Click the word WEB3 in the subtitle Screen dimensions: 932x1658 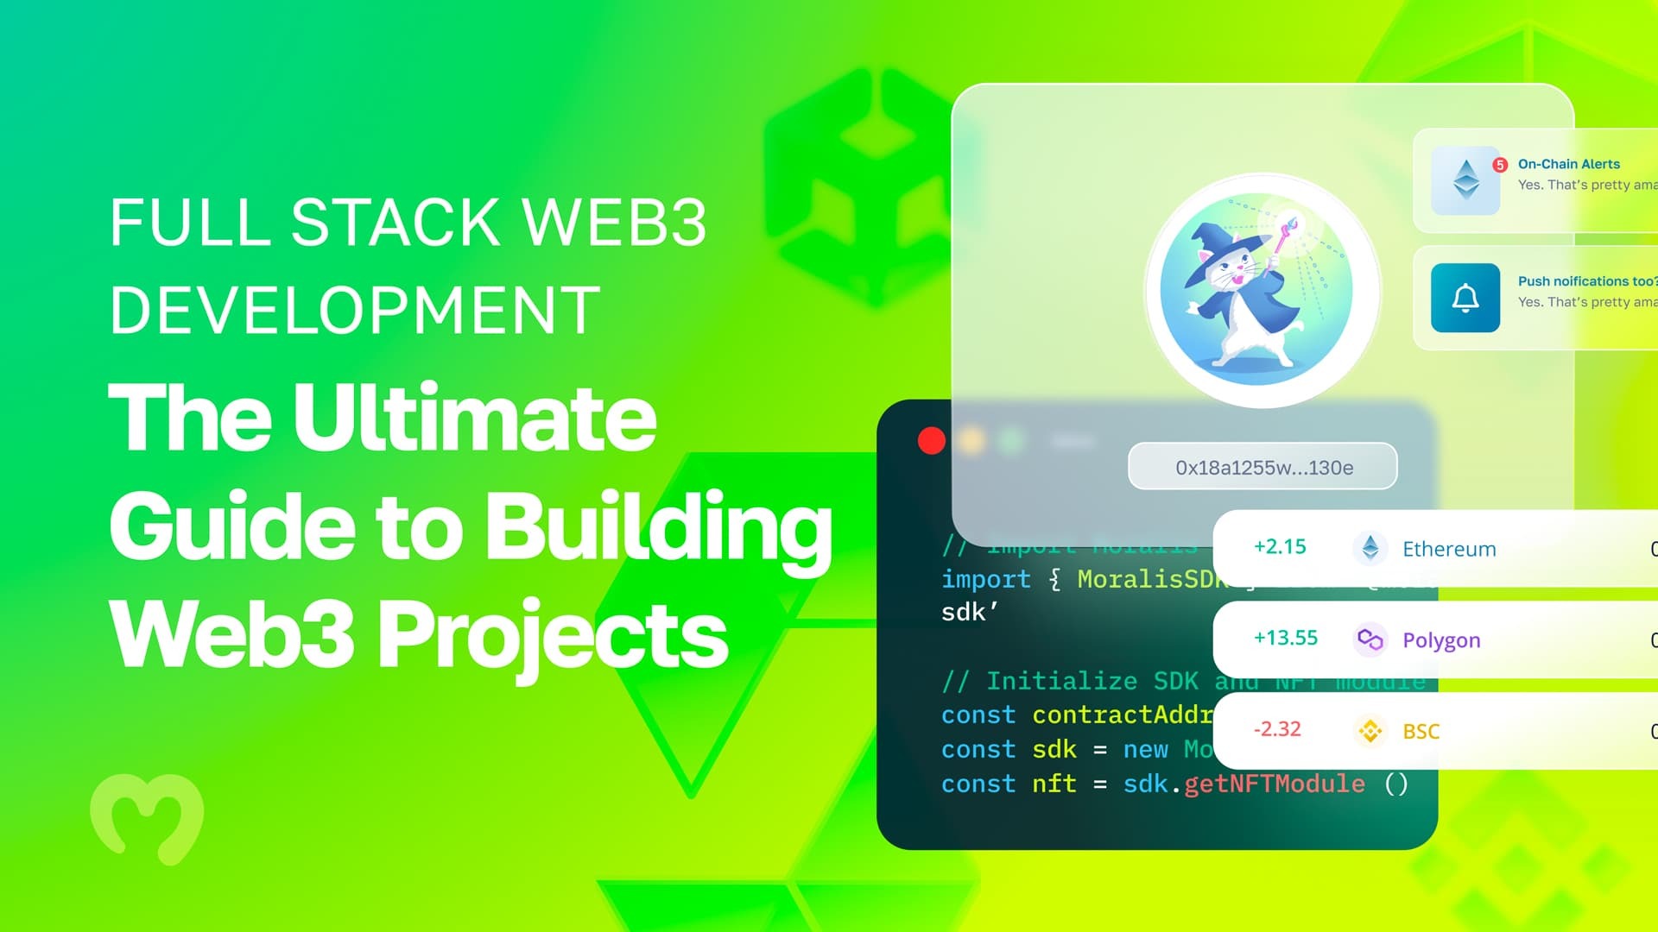pyautogui.click(x=615, y=223)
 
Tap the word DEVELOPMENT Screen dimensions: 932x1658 pyautogui.click(x=354, y=311)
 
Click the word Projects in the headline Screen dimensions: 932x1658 pyautogui.click(x=553, y=636)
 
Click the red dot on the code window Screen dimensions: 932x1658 pyautogui.click(x=931, y=441)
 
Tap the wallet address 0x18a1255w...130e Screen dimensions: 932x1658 pyautogui.click(x=1263, y=468)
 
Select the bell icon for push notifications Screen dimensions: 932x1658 pyautogui.click(x=1465, y=298)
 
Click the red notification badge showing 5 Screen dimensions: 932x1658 pyautogui.click(x=1500, y=165)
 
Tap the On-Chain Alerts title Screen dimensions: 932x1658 pyautogui.click(x=1568, y=164)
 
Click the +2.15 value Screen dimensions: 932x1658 pyautogui.click(x=1280, y=547)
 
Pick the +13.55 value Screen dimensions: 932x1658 pyautogui.click(x=1285, y=639)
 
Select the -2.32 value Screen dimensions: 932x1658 pyautogui.click(x=1276, y=729)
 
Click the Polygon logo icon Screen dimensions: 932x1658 pyautogui.click(x=1370, y=639)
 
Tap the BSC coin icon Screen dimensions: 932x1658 pyautogui.click(x=1370, y=731)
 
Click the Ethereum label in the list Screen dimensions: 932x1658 pyautogui.click(x=1448, y=549)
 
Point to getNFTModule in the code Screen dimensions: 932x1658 pyautogui.click(x=1275, y=784)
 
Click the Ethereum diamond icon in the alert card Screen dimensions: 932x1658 pyautogui.click(x=1465, y=179)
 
